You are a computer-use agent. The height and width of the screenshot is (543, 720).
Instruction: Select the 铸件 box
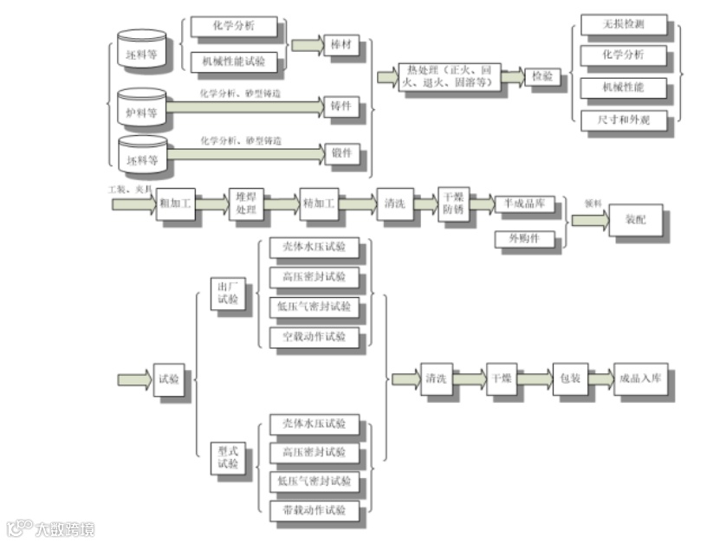click(341, 107)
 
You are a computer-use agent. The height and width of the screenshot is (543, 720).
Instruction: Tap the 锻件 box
click(341, 153)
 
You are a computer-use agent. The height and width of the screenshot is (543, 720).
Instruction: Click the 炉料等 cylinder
click(142, 107)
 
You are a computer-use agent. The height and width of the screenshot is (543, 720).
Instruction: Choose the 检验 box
click(543, 76)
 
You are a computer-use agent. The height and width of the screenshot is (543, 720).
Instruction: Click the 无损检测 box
click(624, 25)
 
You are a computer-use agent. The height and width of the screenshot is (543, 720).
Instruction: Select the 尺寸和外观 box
click(624, 120)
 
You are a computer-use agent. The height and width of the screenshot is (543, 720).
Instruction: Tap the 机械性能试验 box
click(234, 61)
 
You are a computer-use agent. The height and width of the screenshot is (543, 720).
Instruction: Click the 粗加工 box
click(176, 204)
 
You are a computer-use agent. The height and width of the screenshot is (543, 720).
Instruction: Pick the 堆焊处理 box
click(247, 204)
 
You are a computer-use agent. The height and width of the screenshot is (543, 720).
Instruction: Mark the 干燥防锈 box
click(453, 204)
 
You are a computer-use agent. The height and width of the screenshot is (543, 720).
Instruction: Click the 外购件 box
click(525, 238)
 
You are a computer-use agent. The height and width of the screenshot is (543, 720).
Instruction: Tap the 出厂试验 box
click(229, 294)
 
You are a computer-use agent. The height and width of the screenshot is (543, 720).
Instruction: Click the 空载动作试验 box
click(313, 337)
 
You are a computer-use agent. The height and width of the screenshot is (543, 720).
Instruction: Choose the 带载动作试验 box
click(313, 510)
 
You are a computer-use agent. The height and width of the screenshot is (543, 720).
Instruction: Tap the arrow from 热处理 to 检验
click(513, 76)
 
